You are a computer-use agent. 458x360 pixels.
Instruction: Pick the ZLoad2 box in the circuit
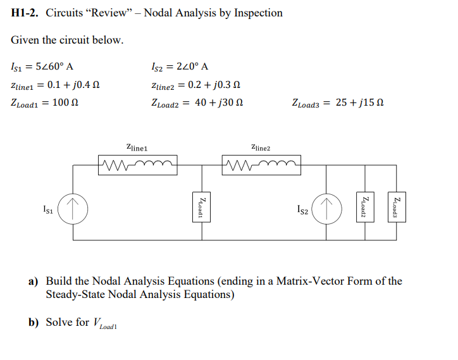363,207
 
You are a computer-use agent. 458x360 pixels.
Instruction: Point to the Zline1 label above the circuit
137,147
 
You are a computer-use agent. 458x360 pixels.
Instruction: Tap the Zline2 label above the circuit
260,147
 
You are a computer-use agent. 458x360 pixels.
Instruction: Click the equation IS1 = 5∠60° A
43,66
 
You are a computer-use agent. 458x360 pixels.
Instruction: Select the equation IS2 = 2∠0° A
181,66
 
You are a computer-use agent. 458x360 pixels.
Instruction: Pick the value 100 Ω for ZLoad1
66,102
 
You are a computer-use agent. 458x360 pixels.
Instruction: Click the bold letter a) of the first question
33,281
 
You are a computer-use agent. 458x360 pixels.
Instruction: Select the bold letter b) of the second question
33,322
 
